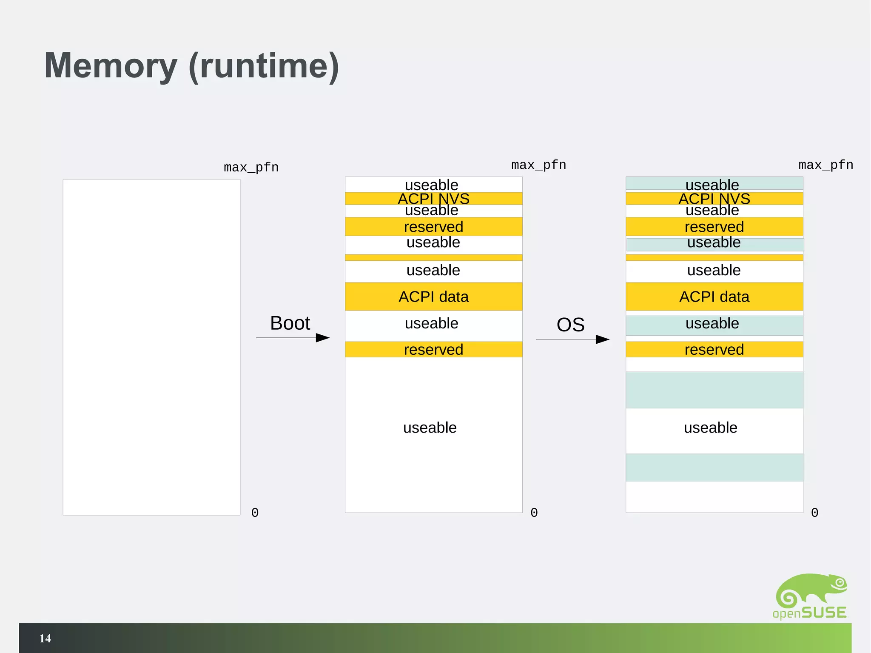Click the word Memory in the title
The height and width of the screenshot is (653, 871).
click(111, 66)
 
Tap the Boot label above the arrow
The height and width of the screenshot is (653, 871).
click(290, 323)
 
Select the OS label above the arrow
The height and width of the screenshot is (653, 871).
click(570, 325)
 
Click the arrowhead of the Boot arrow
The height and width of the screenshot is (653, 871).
click(323, 338)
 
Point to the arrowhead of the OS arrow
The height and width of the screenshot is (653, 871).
click(603, 339)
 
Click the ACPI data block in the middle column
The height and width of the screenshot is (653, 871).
click(433, 297)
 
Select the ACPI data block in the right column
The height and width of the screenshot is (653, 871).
click(714, 297)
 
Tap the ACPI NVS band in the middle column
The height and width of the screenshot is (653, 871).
click(433, 198)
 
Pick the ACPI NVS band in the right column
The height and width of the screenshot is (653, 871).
click(714, 198)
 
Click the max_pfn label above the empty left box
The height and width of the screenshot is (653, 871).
click(251, 167)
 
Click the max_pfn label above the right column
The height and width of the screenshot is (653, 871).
click(825, 165)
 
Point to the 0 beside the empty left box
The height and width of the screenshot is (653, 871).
click(255, 513)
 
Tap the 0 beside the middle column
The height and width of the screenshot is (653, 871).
click(534, 513)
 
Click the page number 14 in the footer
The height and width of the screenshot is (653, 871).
click(45, 638)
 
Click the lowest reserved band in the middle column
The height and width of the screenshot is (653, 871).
click(433, 349)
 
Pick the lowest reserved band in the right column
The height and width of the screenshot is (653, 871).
click(714, 349)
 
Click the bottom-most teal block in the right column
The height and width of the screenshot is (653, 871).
click(714, 467)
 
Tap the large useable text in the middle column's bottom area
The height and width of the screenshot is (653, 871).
click(430, 428)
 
